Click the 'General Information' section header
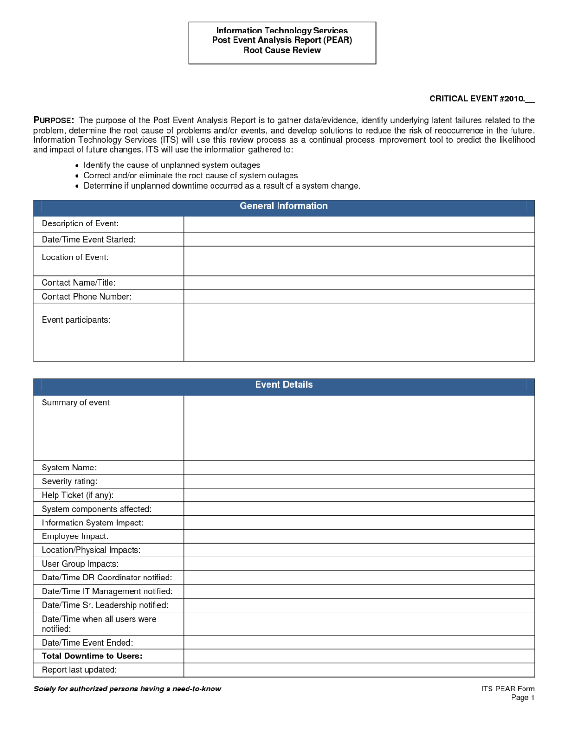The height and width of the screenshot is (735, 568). (283, 206)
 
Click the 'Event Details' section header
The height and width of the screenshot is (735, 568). (283, 385)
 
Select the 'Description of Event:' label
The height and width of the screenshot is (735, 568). (80, 223)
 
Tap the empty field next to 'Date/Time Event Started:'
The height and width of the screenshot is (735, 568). (359, 240)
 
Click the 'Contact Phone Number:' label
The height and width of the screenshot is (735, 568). (86, 297)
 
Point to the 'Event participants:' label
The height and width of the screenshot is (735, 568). (76, 320)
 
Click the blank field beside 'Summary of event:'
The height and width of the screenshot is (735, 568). (359, 428)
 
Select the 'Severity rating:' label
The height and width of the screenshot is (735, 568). (69, 481)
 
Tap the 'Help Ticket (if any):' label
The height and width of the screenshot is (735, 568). (78, 495)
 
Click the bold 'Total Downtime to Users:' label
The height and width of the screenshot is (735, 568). (92, 656)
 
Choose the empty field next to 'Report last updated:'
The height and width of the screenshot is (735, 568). (359, 670)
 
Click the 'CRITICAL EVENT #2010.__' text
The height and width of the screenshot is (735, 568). (481, 99)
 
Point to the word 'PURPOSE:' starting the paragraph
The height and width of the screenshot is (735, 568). (54, 120)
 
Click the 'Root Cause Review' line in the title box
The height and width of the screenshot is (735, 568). (282, 50)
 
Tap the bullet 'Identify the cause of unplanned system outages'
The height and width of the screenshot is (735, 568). (172, 165)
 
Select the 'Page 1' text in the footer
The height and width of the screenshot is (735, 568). (522, 698)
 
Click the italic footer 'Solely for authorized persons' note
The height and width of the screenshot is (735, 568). (127, 689)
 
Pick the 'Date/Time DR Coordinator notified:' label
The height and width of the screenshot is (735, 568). (107, 578)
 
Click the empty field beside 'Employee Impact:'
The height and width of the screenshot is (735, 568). (359, 536)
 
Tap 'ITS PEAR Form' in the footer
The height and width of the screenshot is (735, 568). (507, 689)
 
